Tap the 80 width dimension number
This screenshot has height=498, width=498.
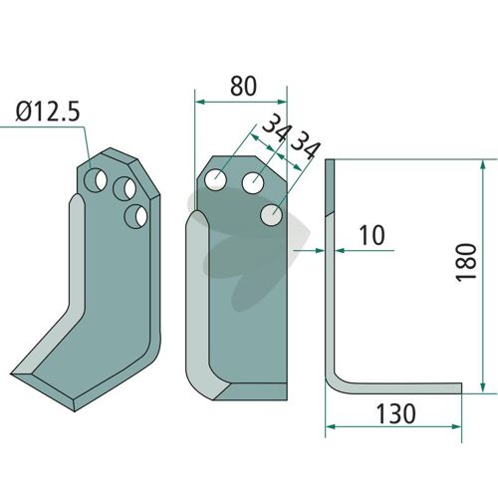[x=243, y=86]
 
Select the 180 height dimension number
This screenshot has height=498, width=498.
[x=466, y=262]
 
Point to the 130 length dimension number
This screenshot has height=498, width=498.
[x=395, y=413]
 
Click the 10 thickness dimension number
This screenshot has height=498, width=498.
[x=373, y=235]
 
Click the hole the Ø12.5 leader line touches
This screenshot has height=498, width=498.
[x=96, y=180]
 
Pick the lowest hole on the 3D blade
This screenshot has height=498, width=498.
[x=135, y=216]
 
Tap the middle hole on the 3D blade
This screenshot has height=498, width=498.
[x=124, y=188]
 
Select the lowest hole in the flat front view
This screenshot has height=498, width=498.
[x=272, y=215]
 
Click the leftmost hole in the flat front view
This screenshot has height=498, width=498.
[x=215, y=179]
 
